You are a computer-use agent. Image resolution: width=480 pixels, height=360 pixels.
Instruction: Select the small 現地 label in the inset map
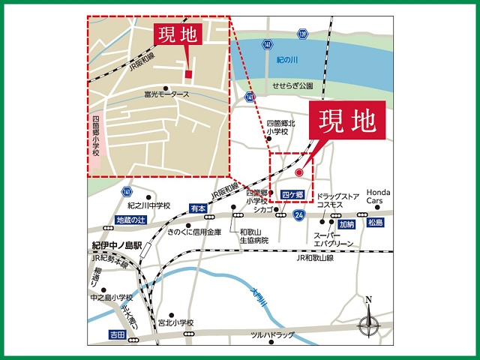click(x=176, y=34)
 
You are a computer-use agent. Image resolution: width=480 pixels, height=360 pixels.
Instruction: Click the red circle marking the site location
click(x=299, y=173)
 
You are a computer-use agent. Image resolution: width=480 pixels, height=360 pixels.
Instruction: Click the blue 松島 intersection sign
click(x=375, y=223)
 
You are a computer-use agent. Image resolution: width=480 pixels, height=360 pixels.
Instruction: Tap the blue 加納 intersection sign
click(x=346, y=223)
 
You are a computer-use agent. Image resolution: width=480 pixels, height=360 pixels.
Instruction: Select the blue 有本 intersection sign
click(x=197, y=208)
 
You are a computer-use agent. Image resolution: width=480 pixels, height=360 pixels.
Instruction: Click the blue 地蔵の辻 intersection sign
click(x=131, y=220)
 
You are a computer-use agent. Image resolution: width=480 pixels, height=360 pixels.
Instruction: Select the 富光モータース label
click(x=166, y=95)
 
